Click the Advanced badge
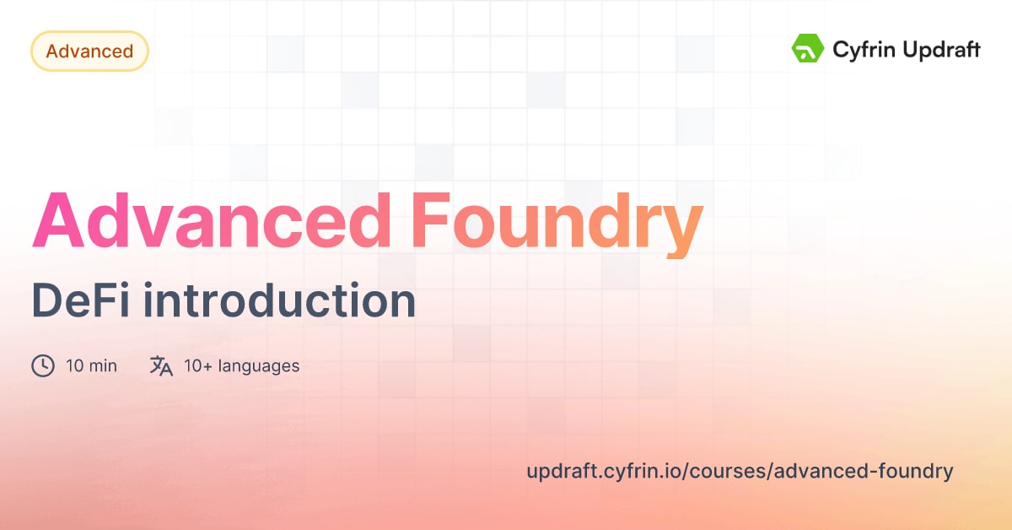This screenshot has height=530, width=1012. [x=89, y=51]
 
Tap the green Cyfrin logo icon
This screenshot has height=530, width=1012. [x=807, y=49]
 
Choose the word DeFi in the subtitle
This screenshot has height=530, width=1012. [x=80, y=301]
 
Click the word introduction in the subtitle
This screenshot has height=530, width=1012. [x=278, y=301]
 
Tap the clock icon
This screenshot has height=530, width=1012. [x=43, y=366]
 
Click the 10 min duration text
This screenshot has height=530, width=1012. [x=91, y=366]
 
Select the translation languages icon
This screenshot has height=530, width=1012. [x=161, y=366]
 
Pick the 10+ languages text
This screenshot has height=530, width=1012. [x=241, y=366]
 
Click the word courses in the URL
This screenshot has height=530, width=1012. [x=738, y=471]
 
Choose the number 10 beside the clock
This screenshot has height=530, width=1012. [x=73, y=366]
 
